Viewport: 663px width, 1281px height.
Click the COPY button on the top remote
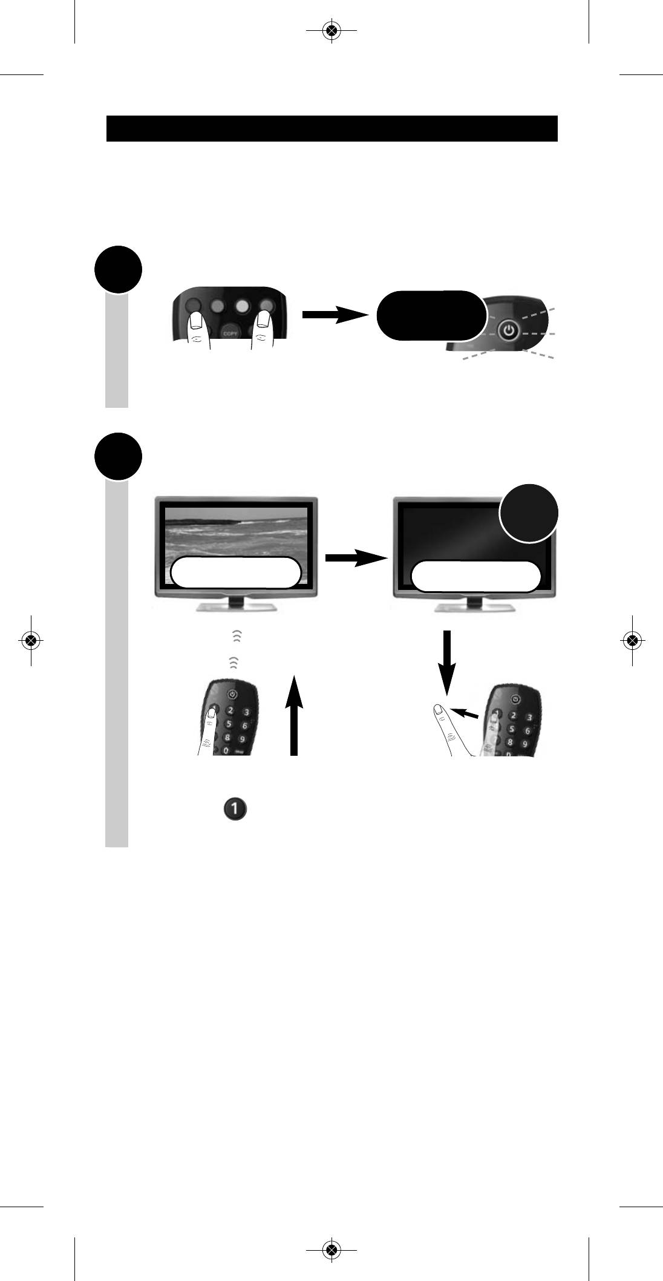pos(229,332)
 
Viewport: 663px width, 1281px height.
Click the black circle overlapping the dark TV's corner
pos(528,513)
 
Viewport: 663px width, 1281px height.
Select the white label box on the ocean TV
pos(236,572)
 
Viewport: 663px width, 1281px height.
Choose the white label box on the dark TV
pos(475,575)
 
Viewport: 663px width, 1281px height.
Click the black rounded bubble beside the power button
pos(431,315)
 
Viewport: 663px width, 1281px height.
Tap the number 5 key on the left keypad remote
pos(229,724)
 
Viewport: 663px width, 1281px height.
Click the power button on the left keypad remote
pos(233,694)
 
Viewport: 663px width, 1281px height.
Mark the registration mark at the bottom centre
pos(330,1250)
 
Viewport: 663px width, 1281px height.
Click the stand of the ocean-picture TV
pos(236,605)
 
